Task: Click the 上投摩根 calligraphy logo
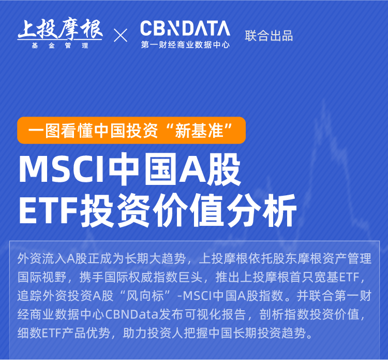[60, 29]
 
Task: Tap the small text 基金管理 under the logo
[60, 46]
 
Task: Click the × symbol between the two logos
[121, 35]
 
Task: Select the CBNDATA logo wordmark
[185, 28]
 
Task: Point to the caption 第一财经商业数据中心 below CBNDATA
[185, 45]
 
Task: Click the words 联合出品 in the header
[269, 36]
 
